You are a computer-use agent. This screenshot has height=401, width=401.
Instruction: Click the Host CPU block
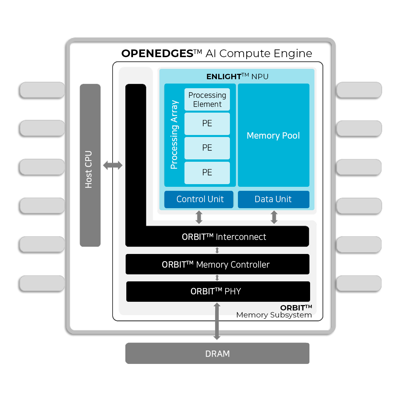point(90,165)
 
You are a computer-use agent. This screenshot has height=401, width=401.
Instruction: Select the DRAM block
point(217,354)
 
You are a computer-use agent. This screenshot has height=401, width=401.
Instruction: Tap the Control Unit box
point(199,199)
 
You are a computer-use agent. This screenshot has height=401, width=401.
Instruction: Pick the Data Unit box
point(273,199)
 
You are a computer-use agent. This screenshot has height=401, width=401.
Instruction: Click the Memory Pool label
point(273,135)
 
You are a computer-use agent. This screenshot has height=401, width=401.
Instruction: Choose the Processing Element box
point(207,100)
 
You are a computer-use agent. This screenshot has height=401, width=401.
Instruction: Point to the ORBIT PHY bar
point(218,291)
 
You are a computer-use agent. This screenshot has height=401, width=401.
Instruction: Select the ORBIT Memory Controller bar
point(218,264)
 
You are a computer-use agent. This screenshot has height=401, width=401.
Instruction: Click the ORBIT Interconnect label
point(224,237)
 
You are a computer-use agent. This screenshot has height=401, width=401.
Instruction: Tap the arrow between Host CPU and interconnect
point(113,165)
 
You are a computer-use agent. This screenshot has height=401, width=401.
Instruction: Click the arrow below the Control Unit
point(199,217)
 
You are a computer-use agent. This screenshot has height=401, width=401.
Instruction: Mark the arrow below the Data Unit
point(274,217)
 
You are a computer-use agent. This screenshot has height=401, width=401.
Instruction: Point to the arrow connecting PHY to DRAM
point(217,321)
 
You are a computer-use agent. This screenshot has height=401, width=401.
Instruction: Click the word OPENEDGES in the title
point(157,53)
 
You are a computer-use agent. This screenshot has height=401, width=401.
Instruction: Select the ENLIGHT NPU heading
point(238,77)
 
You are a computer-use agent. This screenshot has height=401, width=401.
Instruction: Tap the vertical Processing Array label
point(174,135)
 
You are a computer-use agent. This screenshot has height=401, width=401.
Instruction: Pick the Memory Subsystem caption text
point(274,315)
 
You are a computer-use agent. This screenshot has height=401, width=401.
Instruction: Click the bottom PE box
point(207,173)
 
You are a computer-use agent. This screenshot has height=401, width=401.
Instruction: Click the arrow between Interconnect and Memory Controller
point(217,250)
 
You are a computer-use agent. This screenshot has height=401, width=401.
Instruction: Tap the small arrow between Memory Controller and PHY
point(217,278)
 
